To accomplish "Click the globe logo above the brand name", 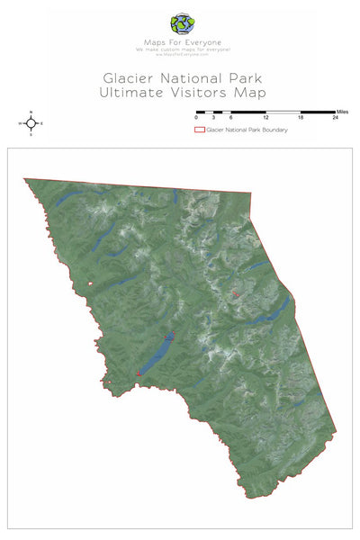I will (180, 23).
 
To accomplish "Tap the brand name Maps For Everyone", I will (180, 41).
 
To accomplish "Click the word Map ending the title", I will (249, 93).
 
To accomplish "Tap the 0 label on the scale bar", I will (196, 119).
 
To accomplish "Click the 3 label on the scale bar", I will (213, 119).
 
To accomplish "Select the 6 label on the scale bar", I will (231, 119).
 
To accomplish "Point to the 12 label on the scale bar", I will (265, 119).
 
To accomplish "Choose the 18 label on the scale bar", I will (301, 119).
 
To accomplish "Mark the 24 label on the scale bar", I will (335, 119).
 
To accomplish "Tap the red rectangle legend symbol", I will (200, 130).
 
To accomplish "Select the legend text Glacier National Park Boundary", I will (247, 130).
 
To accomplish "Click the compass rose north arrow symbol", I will (31, 123).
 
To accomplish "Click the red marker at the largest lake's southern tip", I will (139, 372).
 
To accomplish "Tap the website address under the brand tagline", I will (180, 54).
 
